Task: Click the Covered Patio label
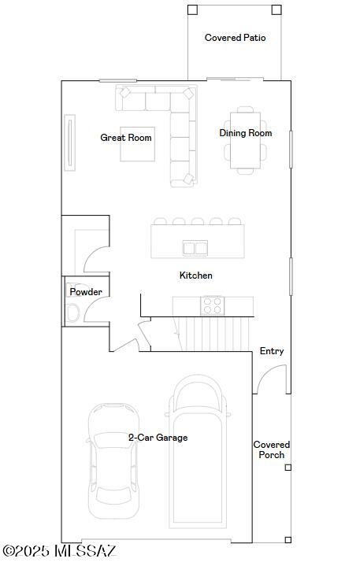235,38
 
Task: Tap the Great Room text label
125,138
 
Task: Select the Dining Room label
245,133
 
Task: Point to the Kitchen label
195,276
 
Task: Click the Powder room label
86,292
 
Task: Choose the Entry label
272,351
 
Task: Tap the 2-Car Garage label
158,438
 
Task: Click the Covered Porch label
271,449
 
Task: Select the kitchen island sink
195,248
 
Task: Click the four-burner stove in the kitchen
212,305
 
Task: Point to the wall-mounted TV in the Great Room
69,142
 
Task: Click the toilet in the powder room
72,313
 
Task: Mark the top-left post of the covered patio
192,10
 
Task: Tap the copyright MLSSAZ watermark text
59,551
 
